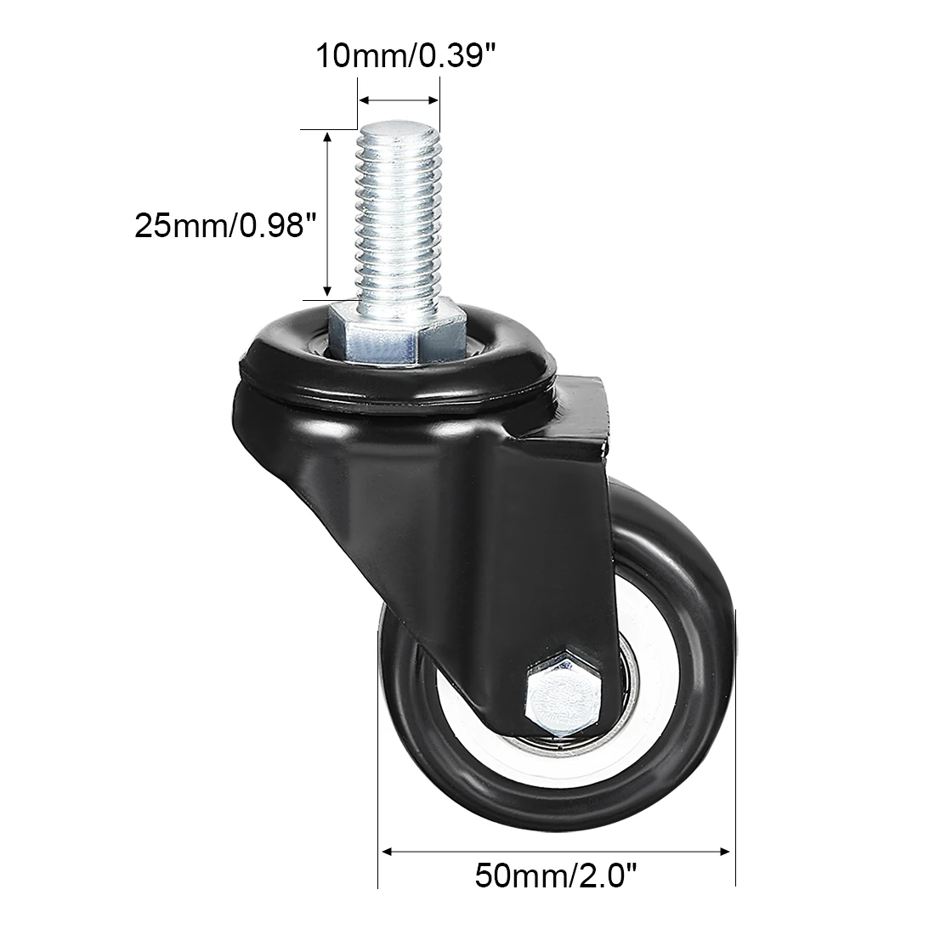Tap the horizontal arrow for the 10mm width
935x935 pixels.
click(398, 99)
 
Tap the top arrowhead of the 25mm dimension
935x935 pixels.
click(327, 138)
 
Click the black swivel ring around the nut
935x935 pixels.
click(280, 357)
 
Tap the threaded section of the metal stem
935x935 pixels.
click(398, 221)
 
